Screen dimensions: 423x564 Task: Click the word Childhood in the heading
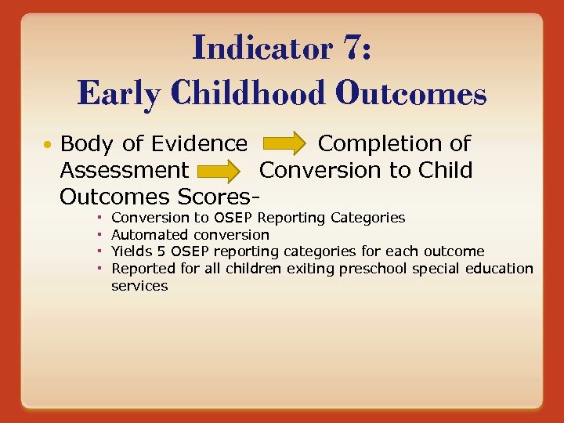pos(244,94)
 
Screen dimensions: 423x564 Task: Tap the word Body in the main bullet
pos(84,144)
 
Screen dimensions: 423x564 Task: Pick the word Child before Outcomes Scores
pos(446,170)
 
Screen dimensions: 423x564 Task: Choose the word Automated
pos(150,235)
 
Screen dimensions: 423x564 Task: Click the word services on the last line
pos(139,286)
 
